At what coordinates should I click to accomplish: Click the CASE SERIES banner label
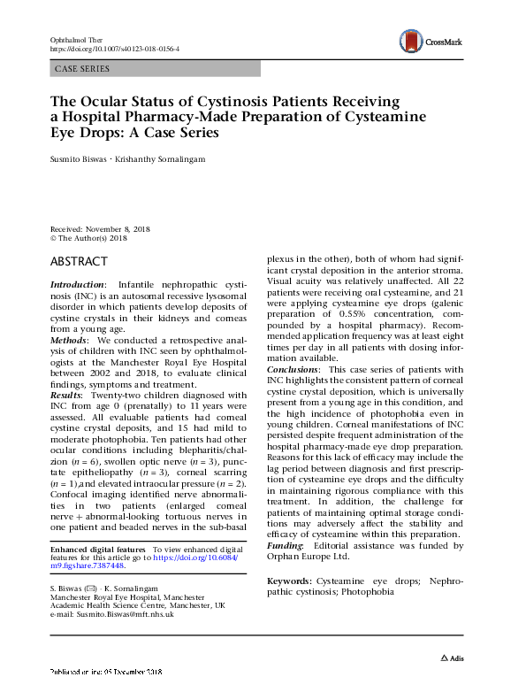[82, 68]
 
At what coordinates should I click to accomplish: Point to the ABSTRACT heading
[80, 262]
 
